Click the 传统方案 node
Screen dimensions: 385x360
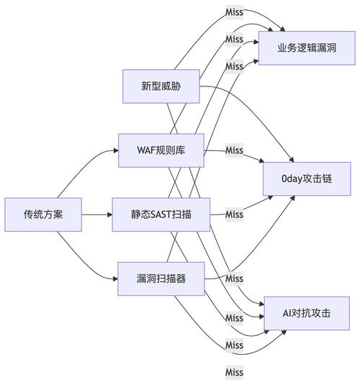click(x=43, y=214)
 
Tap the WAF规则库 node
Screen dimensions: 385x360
click(x=161, y=150)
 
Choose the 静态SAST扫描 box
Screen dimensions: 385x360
click(x=161, y=214)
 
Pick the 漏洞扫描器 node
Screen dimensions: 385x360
click(x=161, y=278)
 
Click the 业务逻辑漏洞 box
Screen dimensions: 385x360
click(x=307, y=48)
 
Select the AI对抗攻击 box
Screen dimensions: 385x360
click(x=307, y=314)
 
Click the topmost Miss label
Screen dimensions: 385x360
click(x=234, y=12)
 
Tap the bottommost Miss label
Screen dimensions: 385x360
click(x=234, y=372)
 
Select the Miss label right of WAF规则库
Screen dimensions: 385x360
click(x=234, y=150)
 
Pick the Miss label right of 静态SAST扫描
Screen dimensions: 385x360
click(x=234, y=214)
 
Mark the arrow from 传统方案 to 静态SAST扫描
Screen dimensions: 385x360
click(x=96, y=214)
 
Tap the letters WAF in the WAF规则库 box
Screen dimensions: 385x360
click(x=147, y=150)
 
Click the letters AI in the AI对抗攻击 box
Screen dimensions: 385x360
click(x=288, y=314)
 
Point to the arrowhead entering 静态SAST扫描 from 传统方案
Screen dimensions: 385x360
click(x=109, y=214)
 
